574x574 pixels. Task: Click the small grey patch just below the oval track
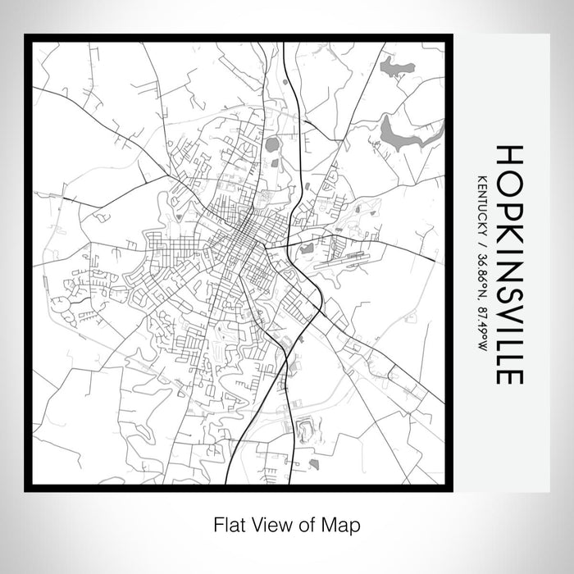point(313,463)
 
